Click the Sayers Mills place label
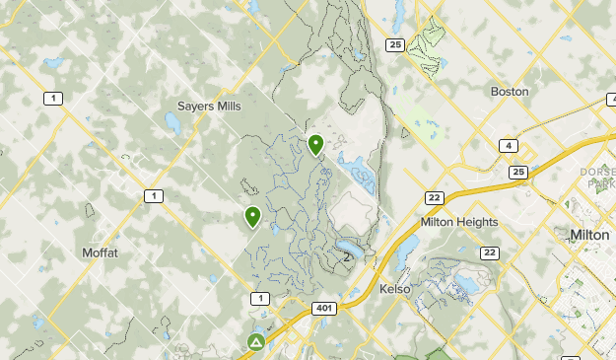(210, 106)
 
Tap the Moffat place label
(101, 252)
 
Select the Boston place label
(510, 92)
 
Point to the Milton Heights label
(459, 222)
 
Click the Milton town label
(590, 235)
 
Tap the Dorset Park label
(598, 178)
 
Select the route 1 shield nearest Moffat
(153, 196)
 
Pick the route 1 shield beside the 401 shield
(259, 299)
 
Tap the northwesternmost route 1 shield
(52, 97)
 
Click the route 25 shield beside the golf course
(395, 45)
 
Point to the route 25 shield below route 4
(518, 173)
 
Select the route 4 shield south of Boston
(509, 146)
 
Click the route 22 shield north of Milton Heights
(435, 198)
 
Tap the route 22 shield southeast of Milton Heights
(490, 253)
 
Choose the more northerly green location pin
(316, 145)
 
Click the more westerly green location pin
(253, 216)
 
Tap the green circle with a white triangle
(256, 343)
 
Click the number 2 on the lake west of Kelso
(347, 256)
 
